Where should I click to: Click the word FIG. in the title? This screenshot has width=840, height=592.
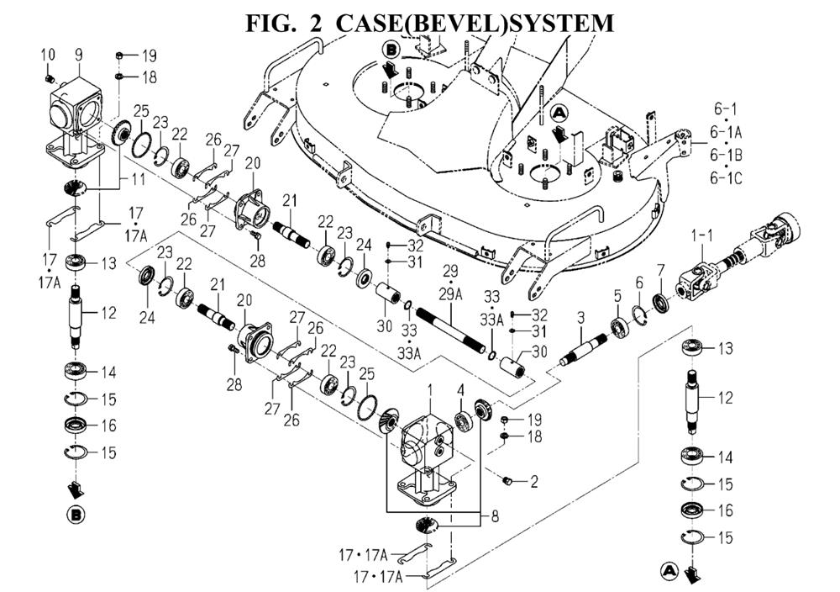271,23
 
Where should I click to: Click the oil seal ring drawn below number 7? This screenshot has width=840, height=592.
660,299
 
